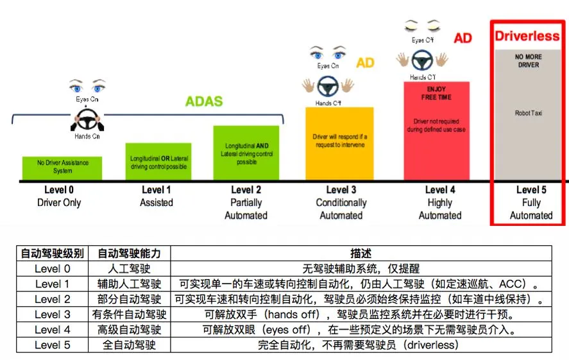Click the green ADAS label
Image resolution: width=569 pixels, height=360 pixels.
tap(204, 101)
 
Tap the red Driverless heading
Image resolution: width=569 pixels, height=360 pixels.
tap(527, 36)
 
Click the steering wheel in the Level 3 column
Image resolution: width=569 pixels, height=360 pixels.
tap(328, 86)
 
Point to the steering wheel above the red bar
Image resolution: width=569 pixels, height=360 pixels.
tap(421, 62)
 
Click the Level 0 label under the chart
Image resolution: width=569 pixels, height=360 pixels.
tap(59, 189)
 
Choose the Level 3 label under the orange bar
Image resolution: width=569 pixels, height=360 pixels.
tap(341, 189)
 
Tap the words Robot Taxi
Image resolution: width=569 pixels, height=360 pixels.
tap(528, 114)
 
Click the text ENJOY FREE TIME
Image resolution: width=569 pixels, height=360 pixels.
tap(436, 93)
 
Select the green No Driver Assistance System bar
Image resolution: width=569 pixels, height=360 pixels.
tap(62, 167)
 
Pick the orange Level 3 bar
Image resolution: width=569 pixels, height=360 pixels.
tap(339, 144)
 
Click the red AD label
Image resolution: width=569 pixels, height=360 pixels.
tap(463, 39)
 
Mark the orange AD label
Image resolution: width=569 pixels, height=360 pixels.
tap(365, 63)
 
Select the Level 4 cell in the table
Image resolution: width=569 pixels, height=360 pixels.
tap(53, 330)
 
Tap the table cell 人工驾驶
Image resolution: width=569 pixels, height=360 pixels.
tap(130, 269)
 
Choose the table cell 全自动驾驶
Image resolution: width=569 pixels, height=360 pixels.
tap(130, 345)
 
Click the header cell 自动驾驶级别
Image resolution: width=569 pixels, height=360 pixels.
tap(53, 254)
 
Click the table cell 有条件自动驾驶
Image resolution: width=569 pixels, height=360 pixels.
tap(130, 314)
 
